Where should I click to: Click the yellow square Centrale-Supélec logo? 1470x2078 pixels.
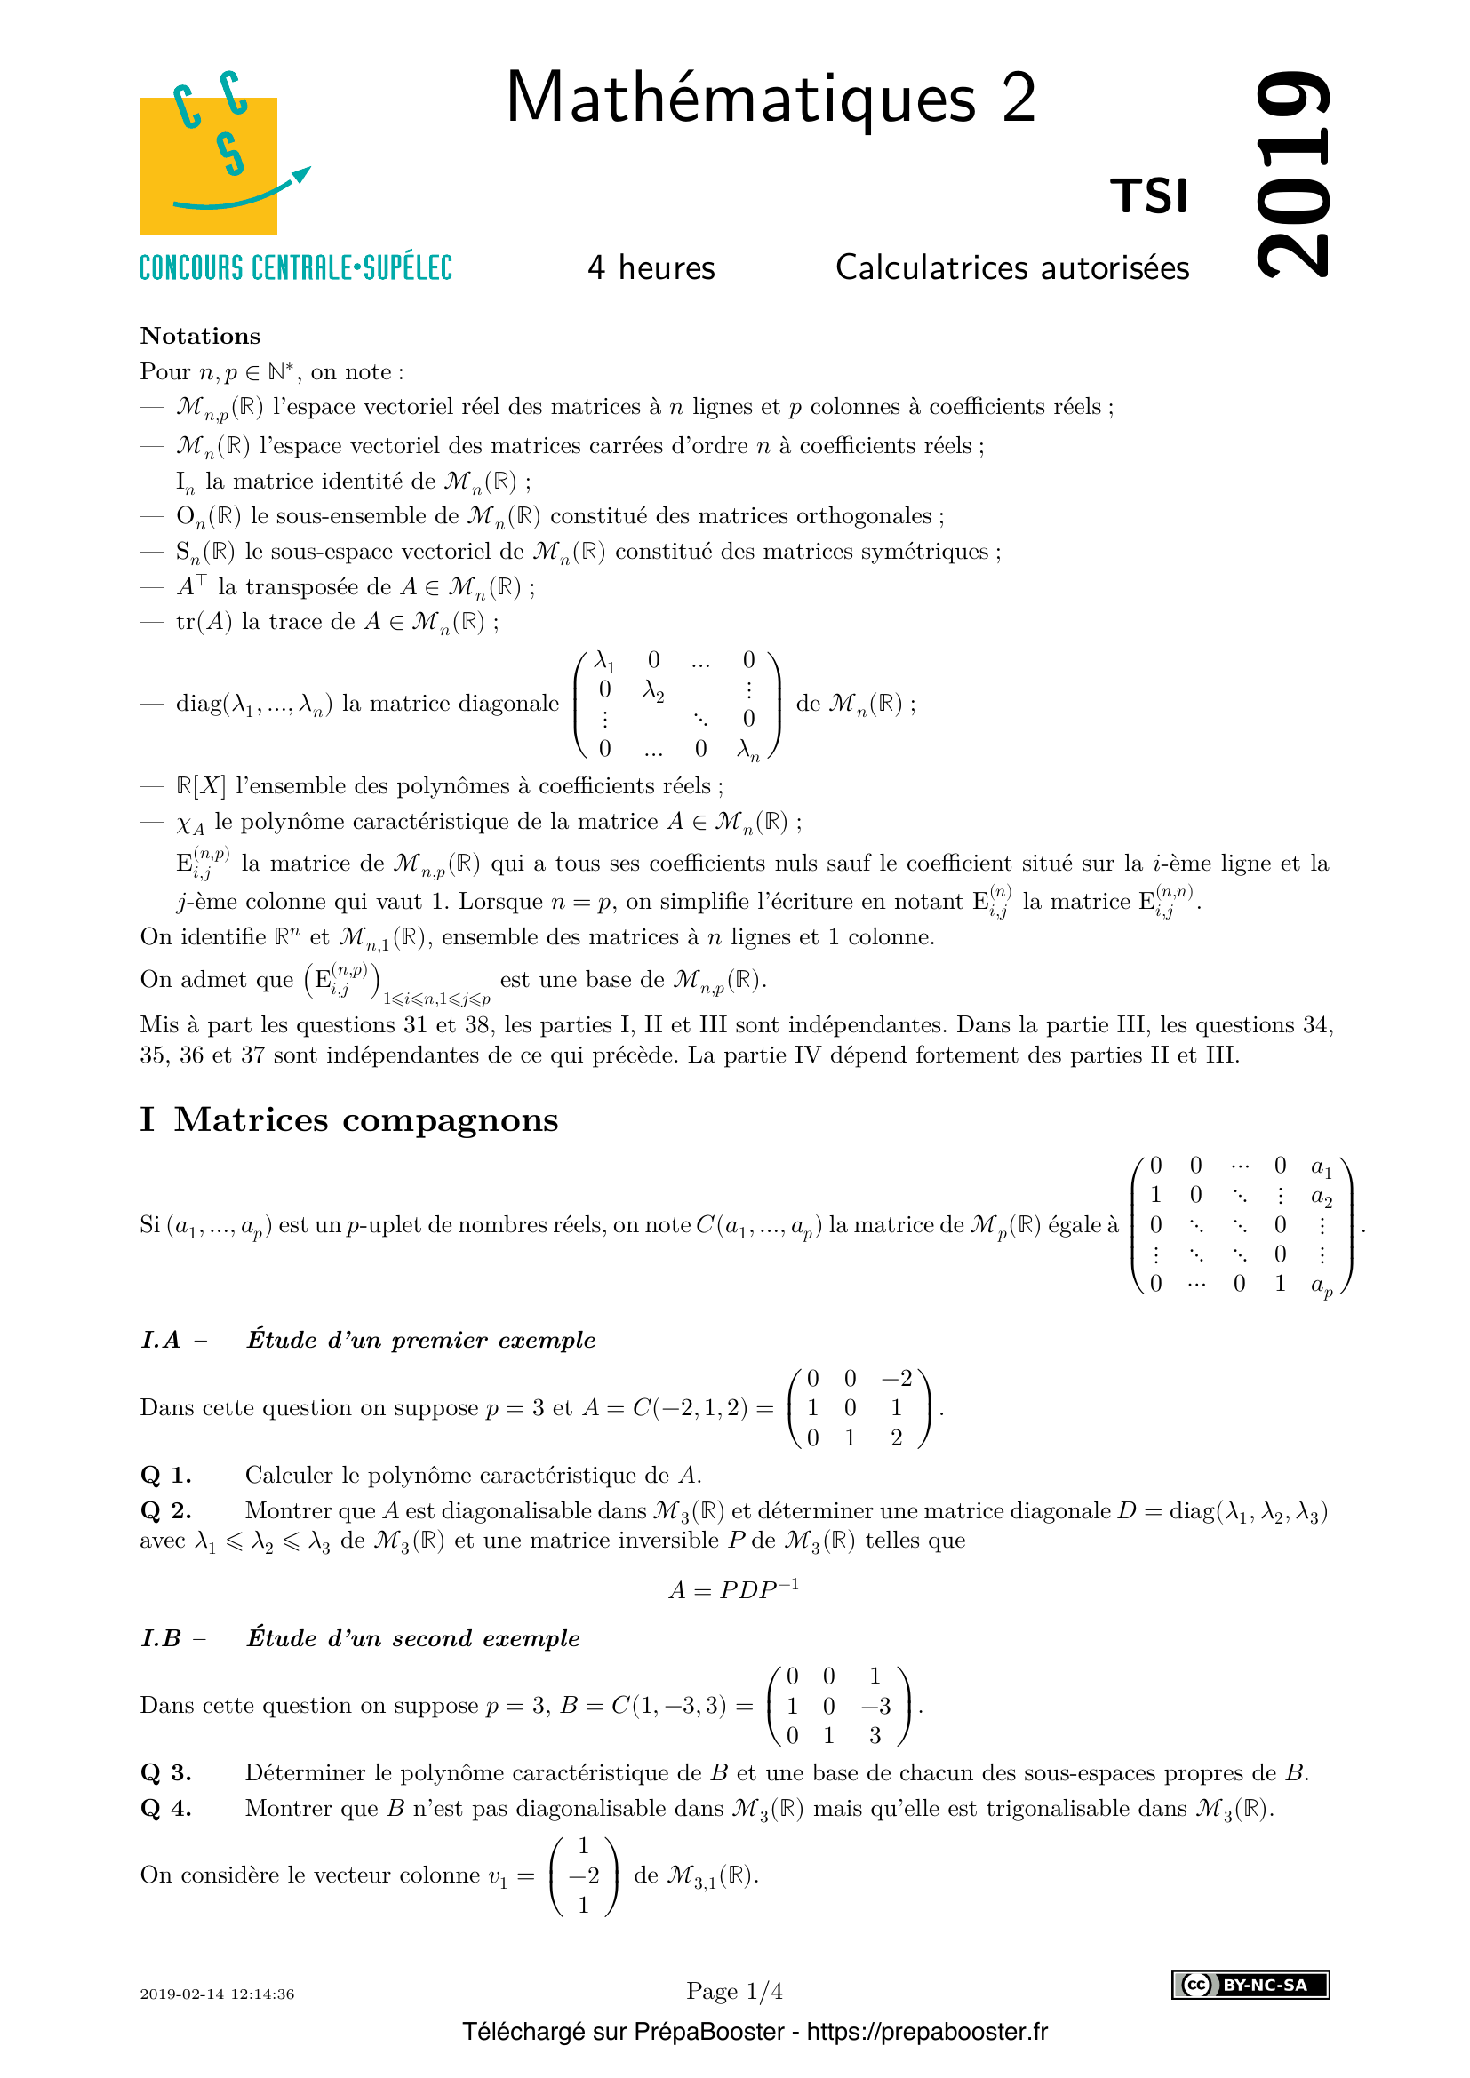point(208,164)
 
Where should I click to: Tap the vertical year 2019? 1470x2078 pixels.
point(1294,173)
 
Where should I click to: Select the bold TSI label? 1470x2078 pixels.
point(1148,196)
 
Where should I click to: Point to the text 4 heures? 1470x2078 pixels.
point(651,268)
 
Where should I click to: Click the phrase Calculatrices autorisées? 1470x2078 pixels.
point(1012,268)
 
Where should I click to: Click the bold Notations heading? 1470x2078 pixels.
point(200,336)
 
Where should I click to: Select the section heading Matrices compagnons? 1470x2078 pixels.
point(365,1119)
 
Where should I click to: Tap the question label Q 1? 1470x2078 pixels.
point(165,1476)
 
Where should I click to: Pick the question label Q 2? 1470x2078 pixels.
point(165,1510)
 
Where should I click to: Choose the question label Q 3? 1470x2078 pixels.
point(165,1772)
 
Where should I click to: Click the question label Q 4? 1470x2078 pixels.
point(165,1808)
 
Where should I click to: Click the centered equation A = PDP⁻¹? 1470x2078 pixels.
point(733,1589)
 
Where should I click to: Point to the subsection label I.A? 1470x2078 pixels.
point(161,1341)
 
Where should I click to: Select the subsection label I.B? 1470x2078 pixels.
point(162,1638)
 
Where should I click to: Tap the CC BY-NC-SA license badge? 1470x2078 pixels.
point(1250,1985)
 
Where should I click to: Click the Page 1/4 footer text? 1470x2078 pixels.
point(734,1991)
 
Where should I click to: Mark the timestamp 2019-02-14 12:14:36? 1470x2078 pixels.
point(217,1994)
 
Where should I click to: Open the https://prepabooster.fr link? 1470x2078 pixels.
point(927,2032)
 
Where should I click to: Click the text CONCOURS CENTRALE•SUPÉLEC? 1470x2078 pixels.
point(296,268)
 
